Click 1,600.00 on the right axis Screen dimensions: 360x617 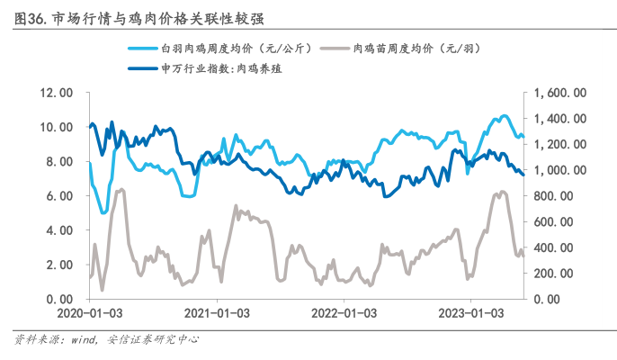tap(560, 92)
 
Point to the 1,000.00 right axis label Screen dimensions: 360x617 tap(560, 170)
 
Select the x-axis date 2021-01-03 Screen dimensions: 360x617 tap(216, 313)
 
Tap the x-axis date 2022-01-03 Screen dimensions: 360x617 tap(344, 313)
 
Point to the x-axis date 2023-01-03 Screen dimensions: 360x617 tap(471, 313)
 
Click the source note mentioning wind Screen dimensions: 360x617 tap(107, 340)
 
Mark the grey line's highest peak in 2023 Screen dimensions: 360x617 tap(500, 192)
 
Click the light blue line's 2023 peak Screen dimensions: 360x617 tap(504, 116)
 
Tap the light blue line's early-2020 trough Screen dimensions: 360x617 tap(104, 213)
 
